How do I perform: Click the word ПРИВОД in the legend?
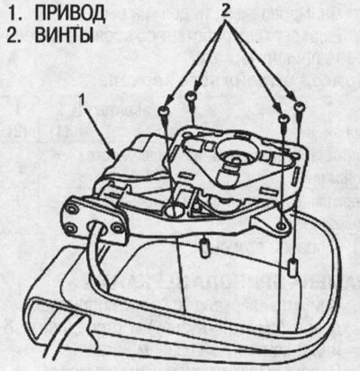point(69,14)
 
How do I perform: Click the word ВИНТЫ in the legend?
point(64,35)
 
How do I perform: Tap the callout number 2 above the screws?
point(226,11)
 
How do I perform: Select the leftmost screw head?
point(164,110)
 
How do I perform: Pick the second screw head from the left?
point(191,97)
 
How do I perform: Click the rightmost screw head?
point(300,105)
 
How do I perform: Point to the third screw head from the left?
point(283,119)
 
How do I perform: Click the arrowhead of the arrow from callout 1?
point(113,155)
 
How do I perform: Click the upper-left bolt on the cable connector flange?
point(72,209)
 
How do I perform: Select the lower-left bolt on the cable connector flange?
point(70,228)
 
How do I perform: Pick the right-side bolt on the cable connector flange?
point(116,229)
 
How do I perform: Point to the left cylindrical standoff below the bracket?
point(204,247)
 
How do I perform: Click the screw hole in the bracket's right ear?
point(281,225)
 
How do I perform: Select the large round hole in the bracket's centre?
point(175,210)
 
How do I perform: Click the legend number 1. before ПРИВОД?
point(14,14)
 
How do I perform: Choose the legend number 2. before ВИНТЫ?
point(14,35)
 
